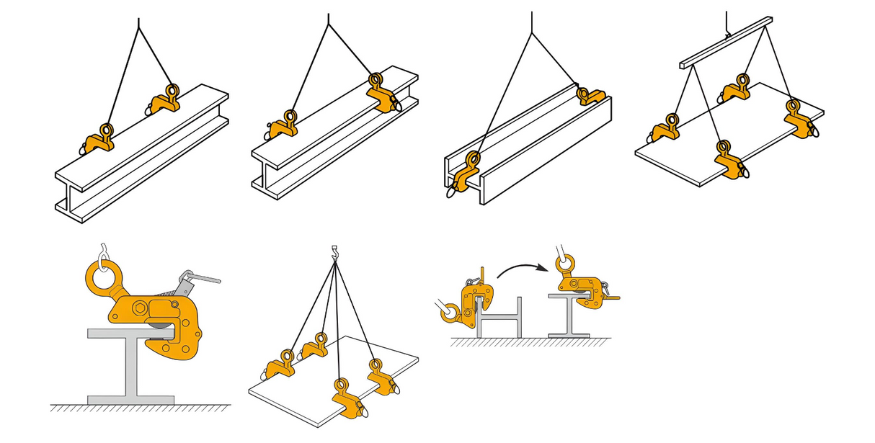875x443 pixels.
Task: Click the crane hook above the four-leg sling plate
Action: [334, 253]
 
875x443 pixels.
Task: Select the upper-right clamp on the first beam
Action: [166, 99]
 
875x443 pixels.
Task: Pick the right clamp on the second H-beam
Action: [382, 92]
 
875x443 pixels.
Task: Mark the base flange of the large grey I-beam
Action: [131, 399]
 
